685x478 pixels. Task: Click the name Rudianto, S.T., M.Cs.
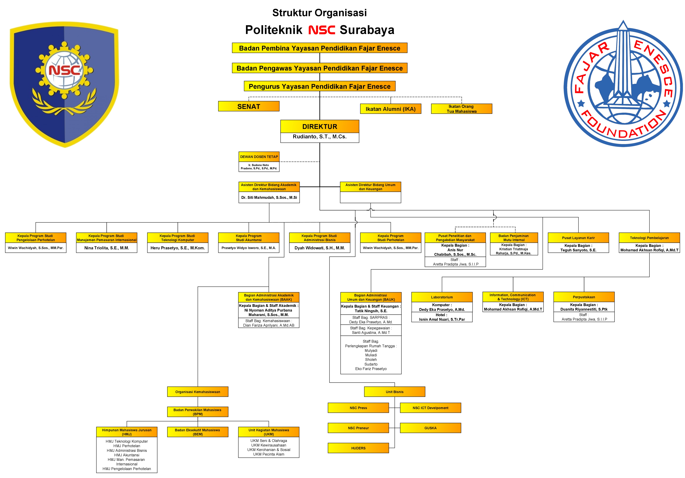click(x=320, y=137)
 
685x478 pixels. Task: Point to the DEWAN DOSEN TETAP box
click(x=259, y=157)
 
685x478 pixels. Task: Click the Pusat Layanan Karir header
click(x=578, y=238)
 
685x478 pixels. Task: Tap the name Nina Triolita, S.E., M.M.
click(x=107, y=248)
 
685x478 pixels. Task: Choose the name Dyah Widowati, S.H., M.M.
click(x=320, y=248)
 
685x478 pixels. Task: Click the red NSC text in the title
click(x=322, y=30)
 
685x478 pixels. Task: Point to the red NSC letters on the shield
click(x=64, y=70)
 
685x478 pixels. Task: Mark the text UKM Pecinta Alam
click(x=268, y=454)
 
